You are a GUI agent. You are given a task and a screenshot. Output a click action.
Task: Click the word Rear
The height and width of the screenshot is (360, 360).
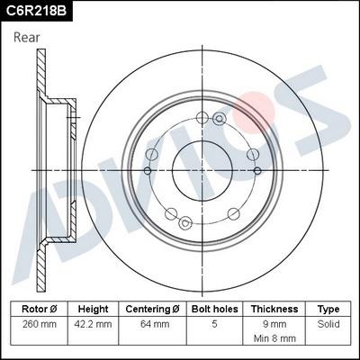28,37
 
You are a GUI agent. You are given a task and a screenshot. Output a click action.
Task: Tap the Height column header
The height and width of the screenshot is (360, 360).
93,308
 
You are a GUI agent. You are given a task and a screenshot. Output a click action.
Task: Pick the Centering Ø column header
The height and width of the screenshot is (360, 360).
152,308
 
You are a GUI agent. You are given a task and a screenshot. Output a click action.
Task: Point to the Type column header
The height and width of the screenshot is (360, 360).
329,308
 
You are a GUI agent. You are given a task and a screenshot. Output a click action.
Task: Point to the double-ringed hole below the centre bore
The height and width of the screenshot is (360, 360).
186,223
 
